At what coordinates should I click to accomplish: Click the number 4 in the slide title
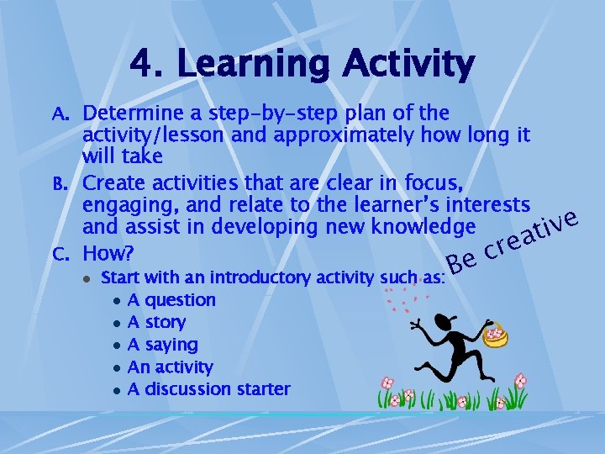(x=142, y=64)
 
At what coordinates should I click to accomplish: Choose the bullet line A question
(x=171, y=300)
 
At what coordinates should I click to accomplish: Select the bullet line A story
(x=156, y=322)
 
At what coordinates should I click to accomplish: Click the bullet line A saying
(x=162, y=345)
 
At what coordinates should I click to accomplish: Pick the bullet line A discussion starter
(x=208, y=389)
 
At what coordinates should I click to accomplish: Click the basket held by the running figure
(x=497, y=335)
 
